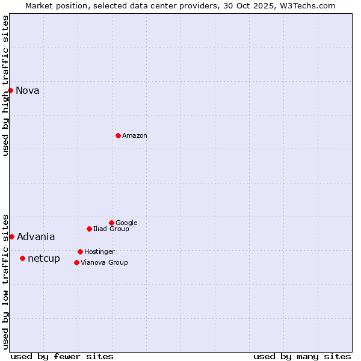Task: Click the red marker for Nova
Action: [x=10, y=90]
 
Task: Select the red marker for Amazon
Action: [x=118, y=135]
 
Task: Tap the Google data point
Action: [x=111, y=223]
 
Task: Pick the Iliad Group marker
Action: [x=89, y=229]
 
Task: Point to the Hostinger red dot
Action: [x=80, y=251]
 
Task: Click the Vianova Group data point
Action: [x=76, y=262]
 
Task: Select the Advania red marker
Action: [x=11, y=236]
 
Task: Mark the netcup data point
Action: [x=22, y=258]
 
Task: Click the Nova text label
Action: [x=27, y=91]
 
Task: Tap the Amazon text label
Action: [x=134, y=136]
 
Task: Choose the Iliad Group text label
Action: [x=111, y=229]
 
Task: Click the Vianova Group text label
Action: [x=104, y=263]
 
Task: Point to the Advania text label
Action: [x=35, y=237]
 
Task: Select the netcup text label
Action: [x=44, y=259]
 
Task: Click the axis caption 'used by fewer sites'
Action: [x=62, y=356]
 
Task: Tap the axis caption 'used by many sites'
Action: [x=302, y=356]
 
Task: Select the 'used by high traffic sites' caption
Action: [x=6, y=85]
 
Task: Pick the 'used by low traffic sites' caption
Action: [x=6, y=282]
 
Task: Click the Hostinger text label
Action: [x=99, y=252]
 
